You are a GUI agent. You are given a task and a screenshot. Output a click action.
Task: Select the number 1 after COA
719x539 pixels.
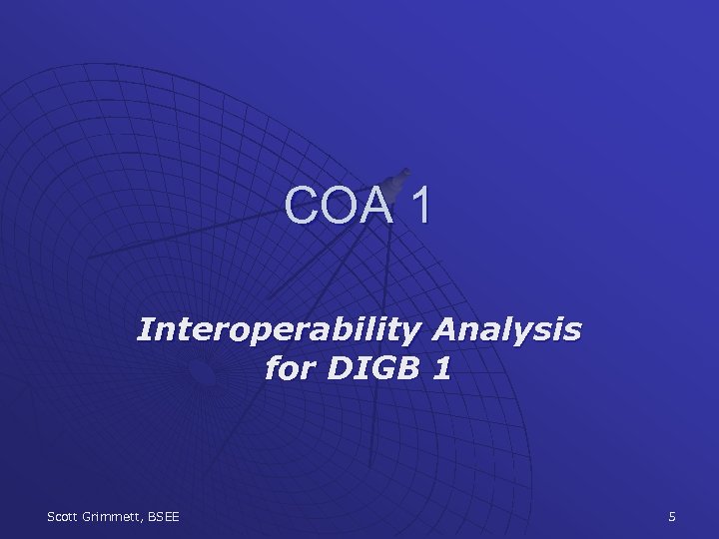click(x=420, y=205)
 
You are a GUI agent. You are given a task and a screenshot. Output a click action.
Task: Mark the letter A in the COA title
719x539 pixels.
click(x=376, y=205)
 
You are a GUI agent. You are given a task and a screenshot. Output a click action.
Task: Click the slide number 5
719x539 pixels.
click(x=672, y=516)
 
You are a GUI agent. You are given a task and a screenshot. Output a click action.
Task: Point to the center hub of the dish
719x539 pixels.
click(x=202, y=372)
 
